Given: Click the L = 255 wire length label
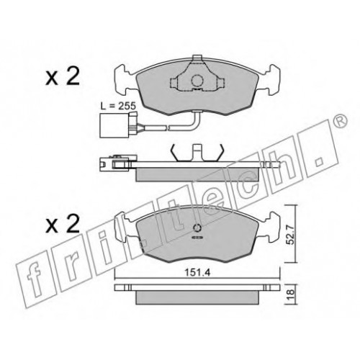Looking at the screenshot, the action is pyautogui.click(x=118, y=106).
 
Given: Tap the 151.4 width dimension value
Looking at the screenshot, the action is pyautogui.click(x=197, y=273).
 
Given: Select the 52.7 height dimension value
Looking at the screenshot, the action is pyautogui.click(x=291, y=237).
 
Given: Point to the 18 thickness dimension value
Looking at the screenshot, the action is pyautogui.click(x=291, y=293).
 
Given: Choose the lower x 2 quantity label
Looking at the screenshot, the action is pyautogui.click(x=63, y=224).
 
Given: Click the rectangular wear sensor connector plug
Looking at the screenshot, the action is pyautogui.click(x=107, y=125).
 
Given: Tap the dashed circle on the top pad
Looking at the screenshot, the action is pyautogui.click(x=197, y=81).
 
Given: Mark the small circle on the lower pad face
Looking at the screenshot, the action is pyautogui.click(x=197, y=228).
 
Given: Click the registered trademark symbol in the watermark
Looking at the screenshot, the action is pyautogui.click(x=340, y=121).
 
